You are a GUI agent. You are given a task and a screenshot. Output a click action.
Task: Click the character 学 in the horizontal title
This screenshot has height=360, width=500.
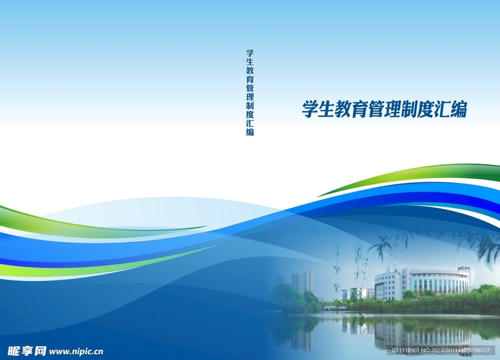[310, 109]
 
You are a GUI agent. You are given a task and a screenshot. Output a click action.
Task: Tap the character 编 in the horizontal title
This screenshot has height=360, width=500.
[458, 109]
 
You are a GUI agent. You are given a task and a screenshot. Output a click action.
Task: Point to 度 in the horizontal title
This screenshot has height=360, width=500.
[425, 109]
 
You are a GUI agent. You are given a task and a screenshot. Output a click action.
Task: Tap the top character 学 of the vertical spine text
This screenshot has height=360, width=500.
[250, 53]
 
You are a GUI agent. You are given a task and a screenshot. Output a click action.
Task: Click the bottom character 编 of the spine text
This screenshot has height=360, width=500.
[250, 131]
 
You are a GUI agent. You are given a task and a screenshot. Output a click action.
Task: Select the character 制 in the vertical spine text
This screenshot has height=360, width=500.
[250, 106]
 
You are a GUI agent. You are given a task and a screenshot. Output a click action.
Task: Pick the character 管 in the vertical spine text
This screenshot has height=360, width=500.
[250, 88]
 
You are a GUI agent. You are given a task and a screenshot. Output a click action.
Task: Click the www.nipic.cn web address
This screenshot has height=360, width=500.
[77, 351]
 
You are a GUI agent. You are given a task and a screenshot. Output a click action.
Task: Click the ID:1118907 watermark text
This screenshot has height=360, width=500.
[406, 351]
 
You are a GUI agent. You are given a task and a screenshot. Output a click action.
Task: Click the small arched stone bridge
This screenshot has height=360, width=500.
[335, 308]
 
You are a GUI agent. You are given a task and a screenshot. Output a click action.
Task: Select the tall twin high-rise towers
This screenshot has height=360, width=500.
[303, 282]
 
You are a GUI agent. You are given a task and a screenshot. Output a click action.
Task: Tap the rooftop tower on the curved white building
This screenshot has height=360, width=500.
[464, 270]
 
